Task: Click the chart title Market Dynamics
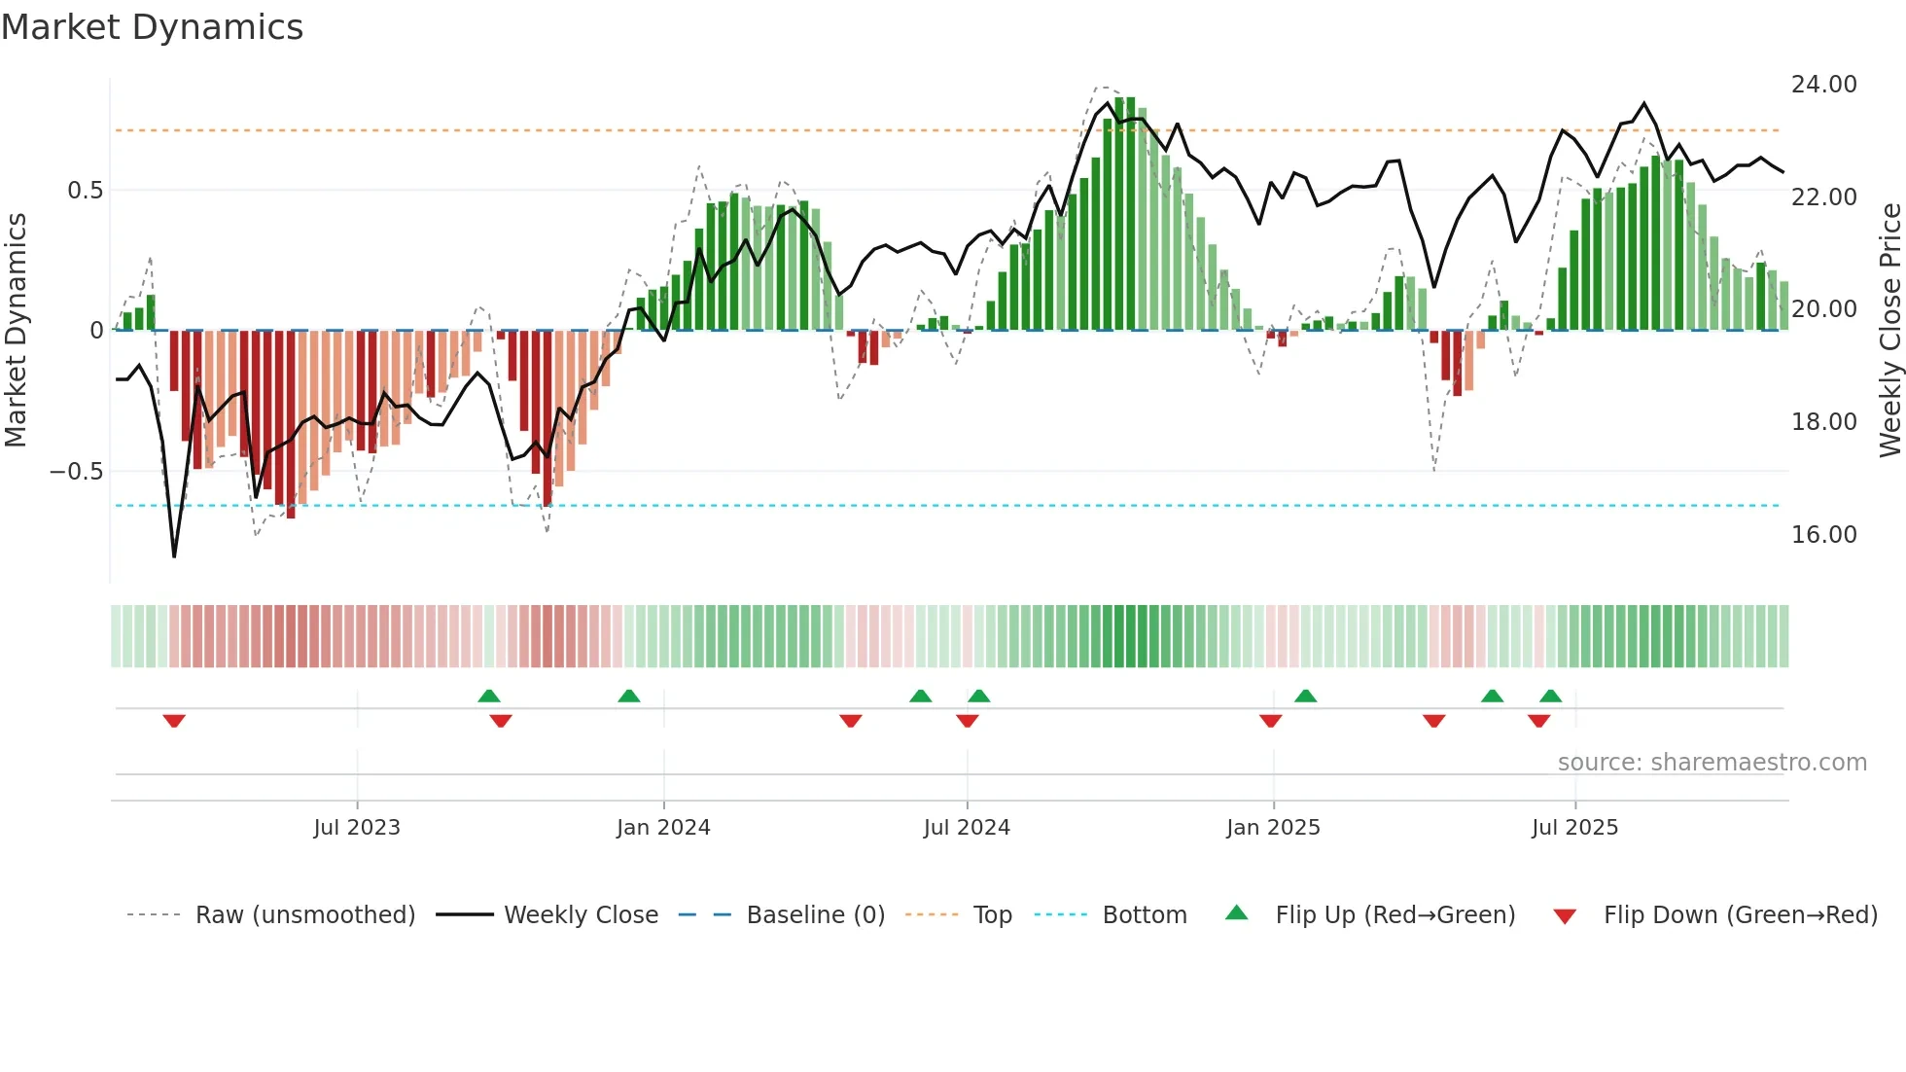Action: pyautogui.click(x=152, y=27)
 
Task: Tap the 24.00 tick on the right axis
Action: pyautogui.click(x=1823, y=85)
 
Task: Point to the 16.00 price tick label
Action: pyautogui.click(x=1823, y=535)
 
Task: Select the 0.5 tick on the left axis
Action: pyautogui.click(x=85, y=191)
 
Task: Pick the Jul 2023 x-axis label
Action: pyautogui.click(x=357, y=828)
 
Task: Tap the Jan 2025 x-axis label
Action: pyautogui.click(x=1273, y=828)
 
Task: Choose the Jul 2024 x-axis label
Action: pyautogui.click(x=967, y=828)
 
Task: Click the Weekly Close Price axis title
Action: pyautogui.click(x=1889, y=331)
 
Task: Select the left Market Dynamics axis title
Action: pyautogui.click(x=16, y=331)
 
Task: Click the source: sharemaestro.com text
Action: pyautogui.click(x=1712, y=763)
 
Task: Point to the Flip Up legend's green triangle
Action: pyautogui.click(x=1236, y=913)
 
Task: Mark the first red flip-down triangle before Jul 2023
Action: pyautogui.click(x=174, y=721)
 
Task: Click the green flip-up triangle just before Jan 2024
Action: pyautogui.click(x=629, y=696)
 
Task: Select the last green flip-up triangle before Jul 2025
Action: pyautogui.click(x=1551, y=696)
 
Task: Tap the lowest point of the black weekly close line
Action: pyautogui.click(x=174, y=556)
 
